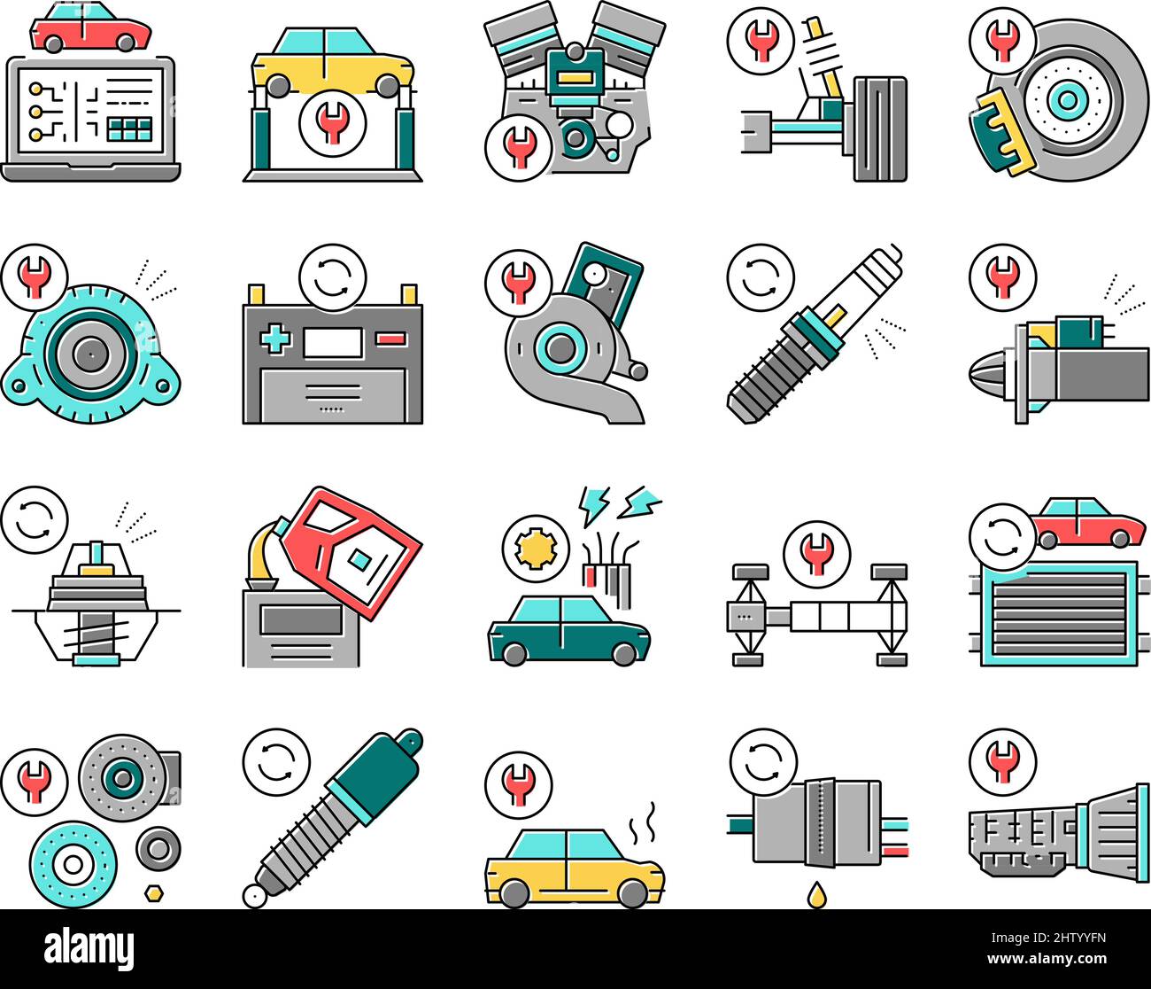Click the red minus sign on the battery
coord(389,339)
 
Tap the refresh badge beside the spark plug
coord(760,277)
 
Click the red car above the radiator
coord(1088,524)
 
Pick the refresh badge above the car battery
coord(332,276)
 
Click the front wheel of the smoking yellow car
coord(632,893)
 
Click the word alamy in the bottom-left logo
coord(89,947)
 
